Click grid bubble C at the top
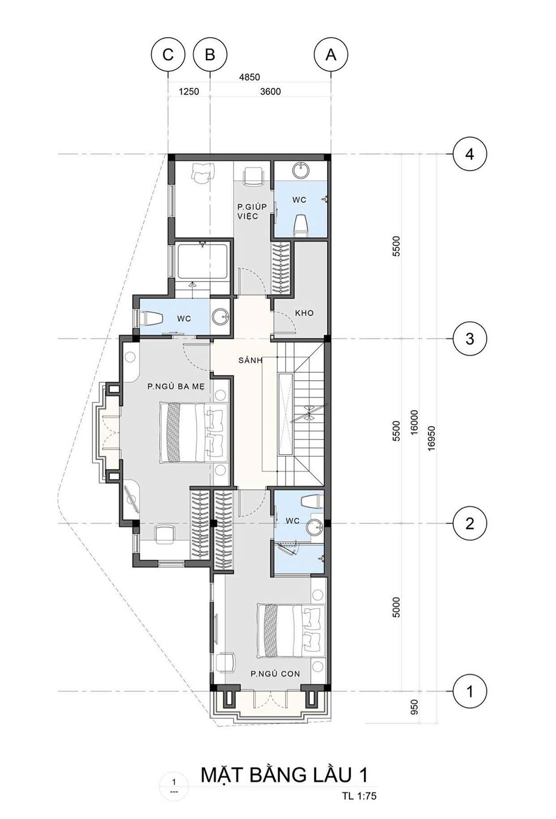pos(168,55)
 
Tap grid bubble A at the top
pos(331,55)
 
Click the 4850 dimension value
pos(249,77)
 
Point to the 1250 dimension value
pos(189,91)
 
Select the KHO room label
pos(304,313)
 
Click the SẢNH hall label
pos(251,360)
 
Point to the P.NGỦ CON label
pos(275,673)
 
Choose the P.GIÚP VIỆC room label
pos(252,211)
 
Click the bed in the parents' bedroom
pos(192,432)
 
